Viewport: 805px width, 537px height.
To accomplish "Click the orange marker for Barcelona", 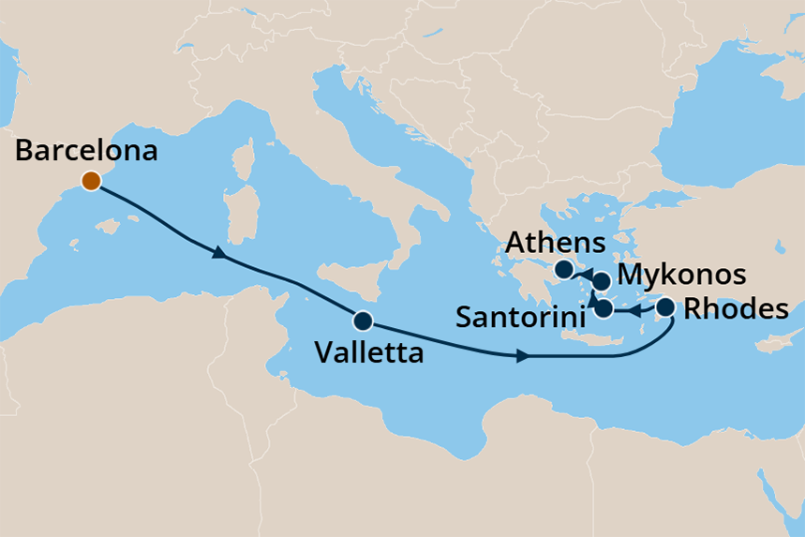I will (91, 182).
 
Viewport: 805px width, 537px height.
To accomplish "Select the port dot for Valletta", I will (363, 321).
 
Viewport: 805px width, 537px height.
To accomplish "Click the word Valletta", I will (369, 353).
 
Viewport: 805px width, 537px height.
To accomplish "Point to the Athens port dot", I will (563, 270).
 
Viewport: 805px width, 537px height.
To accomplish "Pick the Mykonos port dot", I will (602, 281).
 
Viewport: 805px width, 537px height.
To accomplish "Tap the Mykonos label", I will (683, 276).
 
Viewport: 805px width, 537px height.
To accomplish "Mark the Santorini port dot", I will (604, 308).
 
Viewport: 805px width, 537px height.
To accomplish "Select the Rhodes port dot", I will (666, 306).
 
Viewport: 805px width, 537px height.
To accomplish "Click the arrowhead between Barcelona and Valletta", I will (218, 253).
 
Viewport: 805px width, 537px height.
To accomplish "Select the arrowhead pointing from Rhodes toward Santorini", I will (633, 309).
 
